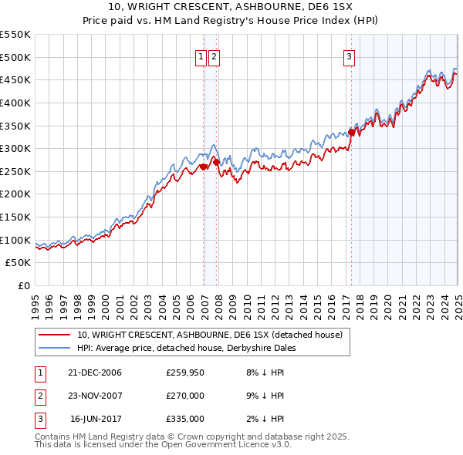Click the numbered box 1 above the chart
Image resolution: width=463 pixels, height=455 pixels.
(x=201, y=56)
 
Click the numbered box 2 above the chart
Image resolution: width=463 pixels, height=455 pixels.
(x=214, y=56)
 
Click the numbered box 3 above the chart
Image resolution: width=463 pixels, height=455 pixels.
(x=350, y=56)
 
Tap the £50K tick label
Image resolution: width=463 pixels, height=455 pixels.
(x=19, y=263)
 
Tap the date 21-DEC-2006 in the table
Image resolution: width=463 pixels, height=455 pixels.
(x=95, y=373)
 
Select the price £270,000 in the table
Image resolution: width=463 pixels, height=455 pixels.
(x=185, y=396)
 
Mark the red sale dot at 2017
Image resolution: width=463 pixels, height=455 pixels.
(x=351, y=132)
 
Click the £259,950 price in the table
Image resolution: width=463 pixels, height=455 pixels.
(x=185, y=373)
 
